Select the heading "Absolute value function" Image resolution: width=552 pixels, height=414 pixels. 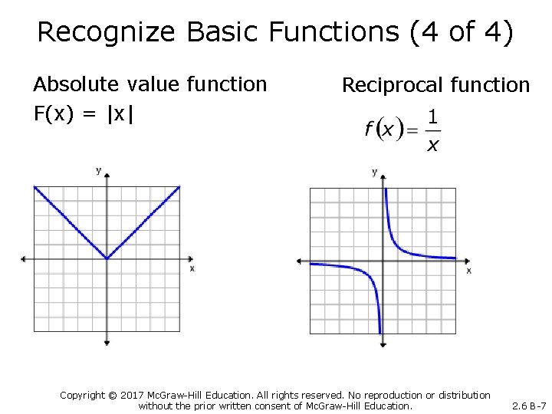(150, 84)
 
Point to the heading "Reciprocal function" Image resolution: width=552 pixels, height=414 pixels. (435, 85)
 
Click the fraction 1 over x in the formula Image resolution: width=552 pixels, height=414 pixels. (432, 130)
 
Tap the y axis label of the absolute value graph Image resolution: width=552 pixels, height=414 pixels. (99, 170)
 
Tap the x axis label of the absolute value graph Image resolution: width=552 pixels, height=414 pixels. (192, 268)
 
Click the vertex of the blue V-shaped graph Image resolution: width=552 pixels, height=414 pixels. (107, 258)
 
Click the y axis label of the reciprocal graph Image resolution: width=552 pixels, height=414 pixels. (374, 172)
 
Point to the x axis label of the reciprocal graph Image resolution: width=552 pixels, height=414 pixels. (468, 271)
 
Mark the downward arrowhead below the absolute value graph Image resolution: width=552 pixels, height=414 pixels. (107, 343)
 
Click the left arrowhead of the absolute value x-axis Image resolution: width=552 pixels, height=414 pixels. (24, 258)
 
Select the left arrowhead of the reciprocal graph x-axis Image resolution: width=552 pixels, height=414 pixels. (300, 261)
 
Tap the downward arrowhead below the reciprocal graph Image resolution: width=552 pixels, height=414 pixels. (382, 345)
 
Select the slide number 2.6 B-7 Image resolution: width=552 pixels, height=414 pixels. (528, 406)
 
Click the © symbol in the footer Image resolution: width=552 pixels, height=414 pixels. (113, 395)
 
